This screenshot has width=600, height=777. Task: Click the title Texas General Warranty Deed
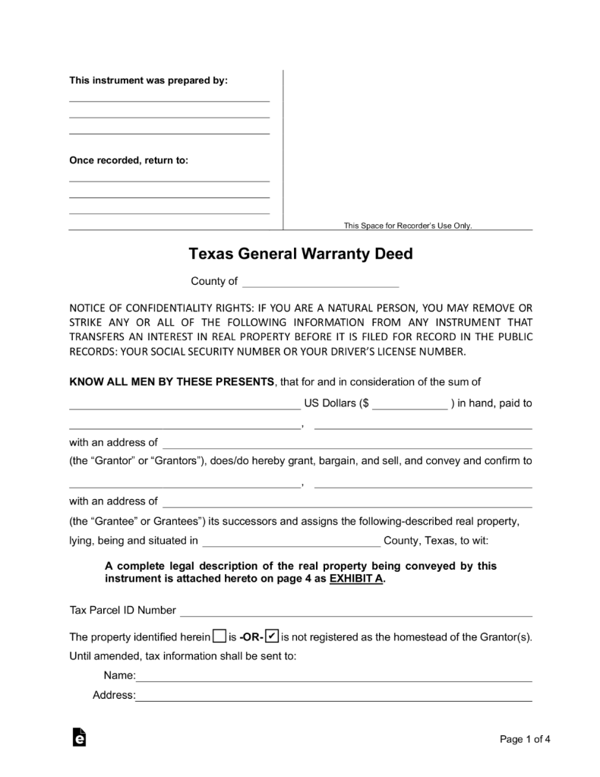[x=300, y=254]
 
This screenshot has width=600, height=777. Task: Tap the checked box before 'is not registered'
[x=272, y=636]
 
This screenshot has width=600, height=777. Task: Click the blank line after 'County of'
[x=319, y=283]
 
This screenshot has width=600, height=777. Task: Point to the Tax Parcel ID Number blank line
[x=355, y=611]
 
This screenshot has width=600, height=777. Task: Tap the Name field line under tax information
[x=333, y=677]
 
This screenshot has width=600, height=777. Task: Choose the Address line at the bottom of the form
[x=333, y=696]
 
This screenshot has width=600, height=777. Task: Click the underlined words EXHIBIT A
[x=357, y=580]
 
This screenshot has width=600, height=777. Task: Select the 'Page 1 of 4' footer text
[x=524, y=739]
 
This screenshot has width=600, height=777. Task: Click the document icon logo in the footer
[x=79, y=738]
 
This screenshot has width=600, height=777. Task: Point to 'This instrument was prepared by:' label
[x=148, y=81]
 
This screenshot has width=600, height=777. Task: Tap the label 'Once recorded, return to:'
[x=128, y=161]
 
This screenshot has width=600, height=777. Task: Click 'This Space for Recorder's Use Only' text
[x=408, y=226]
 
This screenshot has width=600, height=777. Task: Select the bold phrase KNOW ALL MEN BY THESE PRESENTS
[x=172, y=381]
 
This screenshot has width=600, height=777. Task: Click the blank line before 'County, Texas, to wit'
[x=292, y=543]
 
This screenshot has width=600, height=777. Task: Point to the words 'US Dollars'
[x=330, y=403]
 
